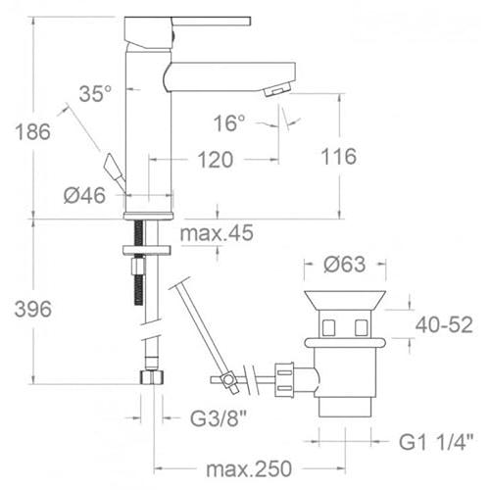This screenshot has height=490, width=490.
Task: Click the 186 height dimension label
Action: (x=33, y=131)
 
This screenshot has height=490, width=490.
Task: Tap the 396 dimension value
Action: (x=33, y=309)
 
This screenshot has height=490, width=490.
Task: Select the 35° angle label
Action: (x=95, y=94)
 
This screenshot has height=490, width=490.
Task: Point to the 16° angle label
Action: (x=229, y=123)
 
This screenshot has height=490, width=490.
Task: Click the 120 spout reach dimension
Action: (x=216, y=160)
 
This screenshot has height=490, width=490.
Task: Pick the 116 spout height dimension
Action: (x=338, y=156)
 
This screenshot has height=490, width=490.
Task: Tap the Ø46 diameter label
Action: (x=85, y=195)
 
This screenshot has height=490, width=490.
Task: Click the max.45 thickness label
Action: (x=217, y=233)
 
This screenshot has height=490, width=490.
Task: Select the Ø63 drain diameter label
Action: (x=345, y=264)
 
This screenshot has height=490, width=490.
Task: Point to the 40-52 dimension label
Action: (x=444, y=324)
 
